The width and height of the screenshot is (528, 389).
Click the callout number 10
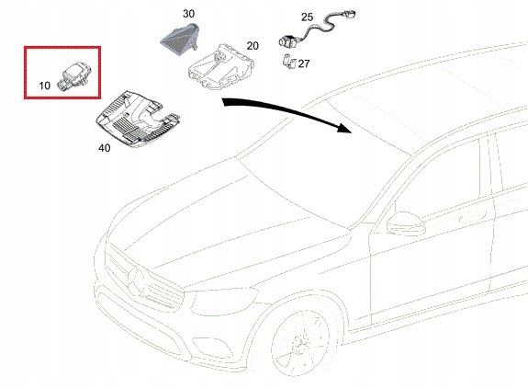pyautogui.click(x=44, y=86)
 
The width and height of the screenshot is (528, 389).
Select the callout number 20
pyautogui.click(x=253, y=45)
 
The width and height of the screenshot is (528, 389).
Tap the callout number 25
pyautogui.click(x=307, y=17)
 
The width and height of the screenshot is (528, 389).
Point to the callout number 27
pyautogui.click(x=304, y=63)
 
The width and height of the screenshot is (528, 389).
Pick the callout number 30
pyautogui.click(x=188, y=14)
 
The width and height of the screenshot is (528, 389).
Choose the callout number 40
pyautogui.click(x=105, y=148)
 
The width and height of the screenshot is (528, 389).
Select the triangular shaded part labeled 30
pyautogui.click(x=179, y=39)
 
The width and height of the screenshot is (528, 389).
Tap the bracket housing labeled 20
pyautogui.click(x=220, y=67)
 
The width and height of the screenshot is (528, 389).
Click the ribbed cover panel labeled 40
pyautogui.click(x=138, y=119)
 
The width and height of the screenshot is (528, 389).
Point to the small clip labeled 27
pyautogui.click(x=289, y=62)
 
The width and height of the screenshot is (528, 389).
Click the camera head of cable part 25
pyautogui.click(x=286, y=40)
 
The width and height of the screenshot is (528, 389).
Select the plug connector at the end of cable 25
pyautogui.click(x=349, y=14)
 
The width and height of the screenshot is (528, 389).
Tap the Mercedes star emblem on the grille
pyautogui.click(x=137, y=280)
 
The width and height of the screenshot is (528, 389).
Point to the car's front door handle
pyautogui.click(x=473, y=216)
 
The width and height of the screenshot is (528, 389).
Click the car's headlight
pyautogui.click(x=223, y=301)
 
